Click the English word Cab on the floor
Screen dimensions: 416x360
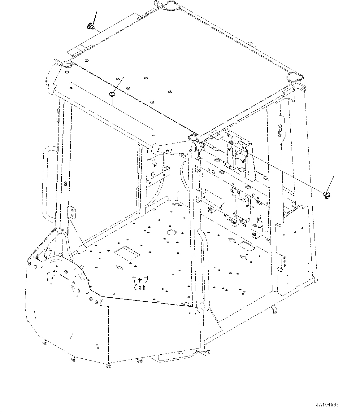click(140, 287)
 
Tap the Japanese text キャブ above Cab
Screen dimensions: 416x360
click(140, 280)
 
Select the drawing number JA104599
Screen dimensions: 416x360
click(327, 405)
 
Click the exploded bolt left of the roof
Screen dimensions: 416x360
click(91, 27)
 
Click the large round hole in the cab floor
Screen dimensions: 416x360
click(171, 232)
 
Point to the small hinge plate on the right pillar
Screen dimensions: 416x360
click(280, 130)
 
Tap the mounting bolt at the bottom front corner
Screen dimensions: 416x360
click(109, 366)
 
